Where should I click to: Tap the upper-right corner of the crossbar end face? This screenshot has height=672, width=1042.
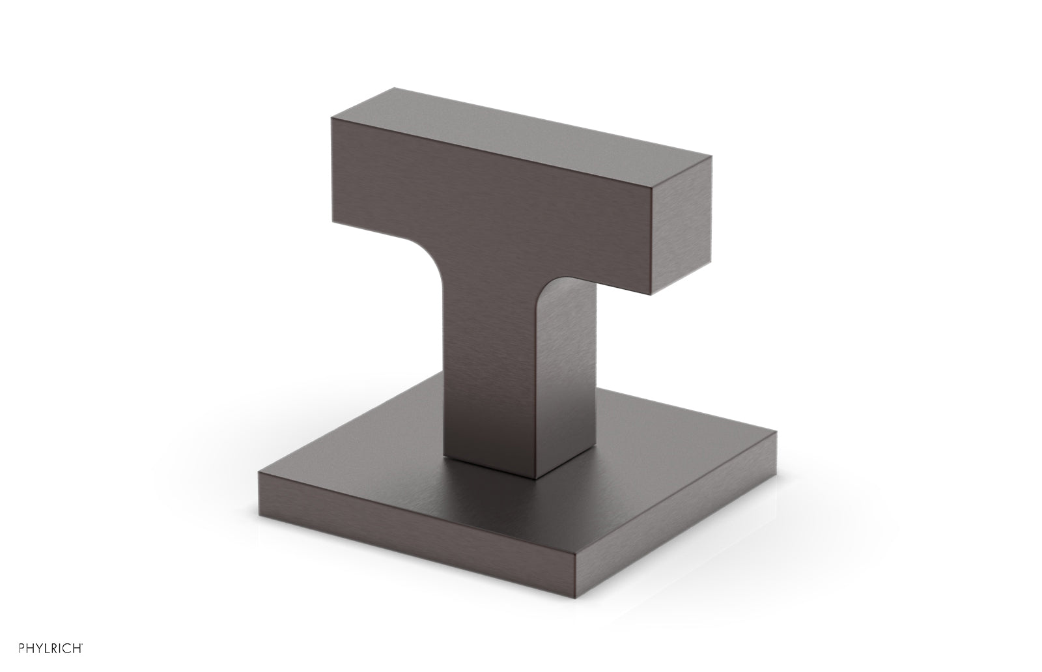[x=712, y=157]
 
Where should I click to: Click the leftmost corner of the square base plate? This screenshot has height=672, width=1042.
[x=259, y=472]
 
